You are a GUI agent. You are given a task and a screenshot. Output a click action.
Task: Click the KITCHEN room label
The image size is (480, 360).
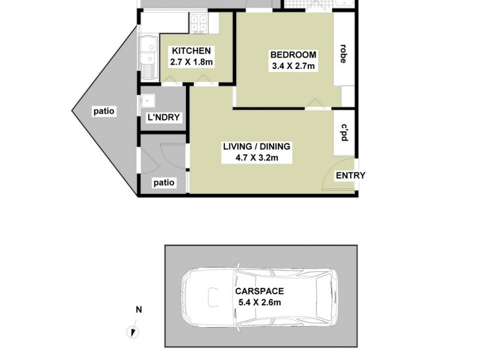tap(191, 51)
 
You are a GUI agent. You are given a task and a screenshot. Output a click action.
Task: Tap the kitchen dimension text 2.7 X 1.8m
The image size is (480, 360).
tap(191, 62)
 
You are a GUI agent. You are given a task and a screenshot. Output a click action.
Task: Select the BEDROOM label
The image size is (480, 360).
tap(293, 55)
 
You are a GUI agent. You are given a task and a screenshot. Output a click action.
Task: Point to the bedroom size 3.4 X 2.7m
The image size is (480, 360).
tap(293, 66)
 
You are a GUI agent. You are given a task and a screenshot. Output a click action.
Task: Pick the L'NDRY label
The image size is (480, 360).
tap(164, 118)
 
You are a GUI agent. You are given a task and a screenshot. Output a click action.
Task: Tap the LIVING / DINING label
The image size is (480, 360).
tap(256, 146)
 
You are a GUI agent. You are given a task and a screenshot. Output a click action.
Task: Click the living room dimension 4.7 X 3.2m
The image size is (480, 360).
tap(256, 158)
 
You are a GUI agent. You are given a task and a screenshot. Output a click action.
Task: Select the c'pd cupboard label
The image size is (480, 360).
tap(344, 133)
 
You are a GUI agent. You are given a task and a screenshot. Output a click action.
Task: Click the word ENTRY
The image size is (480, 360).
tap(350, 175)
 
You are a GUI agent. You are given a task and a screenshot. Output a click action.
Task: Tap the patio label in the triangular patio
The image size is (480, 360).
tap(104, 111)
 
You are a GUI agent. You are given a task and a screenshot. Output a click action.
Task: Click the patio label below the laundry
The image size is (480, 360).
tap(164, 182)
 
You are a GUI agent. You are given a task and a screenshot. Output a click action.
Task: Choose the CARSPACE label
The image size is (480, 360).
tap(259, 291)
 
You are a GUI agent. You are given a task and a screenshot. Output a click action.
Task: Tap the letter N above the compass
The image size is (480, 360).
tap(139, 310)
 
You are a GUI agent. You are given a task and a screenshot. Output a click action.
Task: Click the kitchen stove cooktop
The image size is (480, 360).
tap(199, 24)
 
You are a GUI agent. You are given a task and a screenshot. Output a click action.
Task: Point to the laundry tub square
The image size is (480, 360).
tap(148, 100)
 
